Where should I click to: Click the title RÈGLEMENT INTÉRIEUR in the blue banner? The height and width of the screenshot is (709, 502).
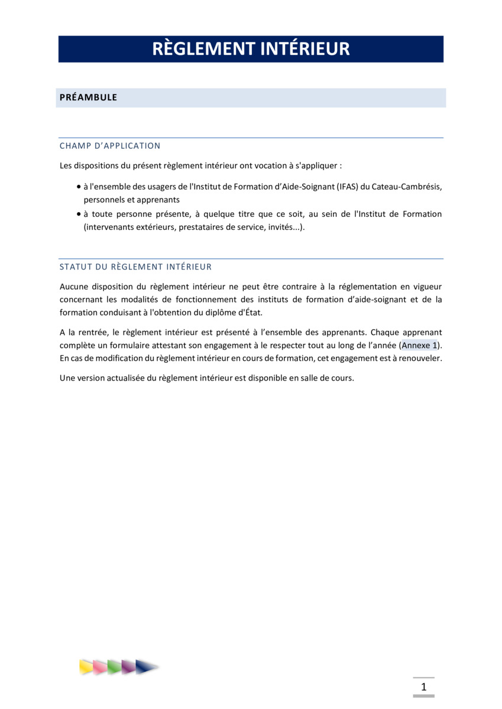pos(251,48)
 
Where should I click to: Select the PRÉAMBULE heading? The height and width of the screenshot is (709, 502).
pos(88,97)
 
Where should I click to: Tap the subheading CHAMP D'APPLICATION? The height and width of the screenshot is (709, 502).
pos(110,146)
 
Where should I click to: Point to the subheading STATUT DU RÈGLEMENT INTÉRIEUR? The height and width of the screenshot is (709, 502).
pos(135,267)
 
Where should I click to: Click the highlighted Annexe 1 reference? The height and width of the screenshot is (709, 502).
pos(419,346)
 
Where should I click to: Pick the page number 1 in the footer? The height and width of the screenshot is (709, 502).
pos(423,687)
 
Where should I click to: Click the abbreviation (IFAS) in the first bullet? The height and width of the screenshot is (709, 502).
pos(347,187)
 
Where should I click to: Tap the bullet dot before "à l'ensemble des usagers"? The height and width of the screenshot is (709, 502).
pos(79,187)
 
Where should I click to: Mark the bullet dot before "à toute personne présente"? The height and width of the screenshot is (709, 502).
pos(79,214)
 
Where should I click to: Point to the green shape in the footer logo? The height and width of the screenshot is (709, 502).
pos(114,667)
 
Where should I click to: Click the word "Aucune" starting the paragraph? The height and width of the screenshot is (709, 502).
pos(73,287)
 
